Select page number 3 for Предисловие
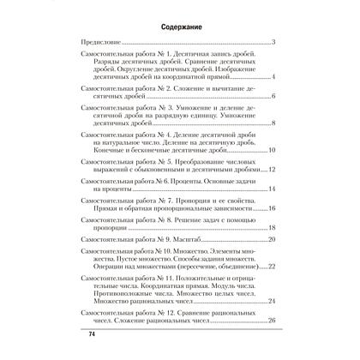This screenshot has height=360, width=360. (x=272, y=41)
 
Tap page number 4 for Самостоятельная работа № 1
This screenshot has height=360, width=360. (x=272, y=77)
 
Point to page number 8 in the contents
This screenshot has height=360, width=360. (x=272, y=124)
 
